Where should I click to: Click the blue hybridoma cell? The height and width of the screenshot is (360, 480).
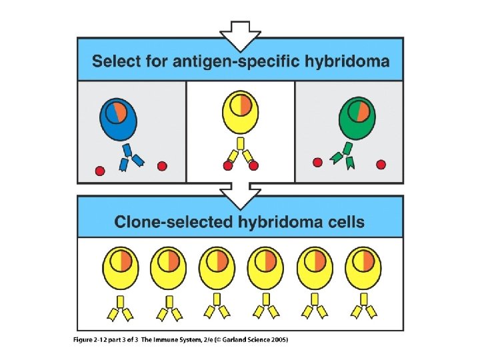click(118, 120)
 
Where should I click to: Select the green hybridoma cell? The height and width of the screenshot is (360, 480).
click(357, 119)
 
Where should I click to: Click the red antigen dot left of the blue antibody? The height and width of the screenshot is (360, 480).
click(100, 171)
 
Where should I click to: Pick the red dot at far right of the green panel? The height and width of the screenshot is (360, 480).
click(381, 164)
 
